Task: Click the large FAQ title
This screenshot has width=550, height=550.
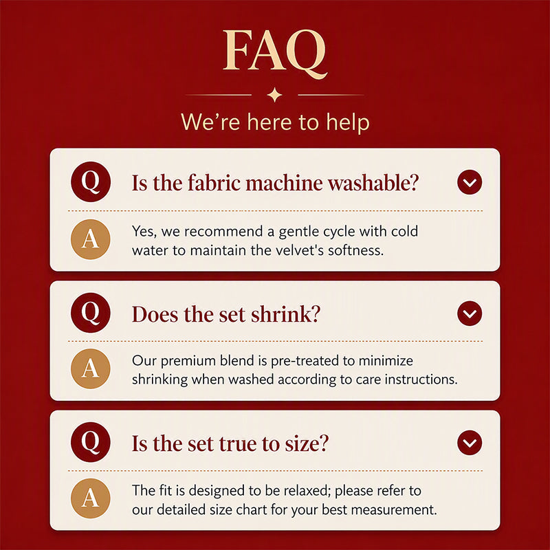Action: (275, 52)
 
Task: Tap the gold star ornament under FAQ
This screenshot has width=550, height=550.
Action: (274, 95)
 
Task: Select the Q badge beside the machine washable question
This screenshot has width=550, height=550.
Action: (91, 181)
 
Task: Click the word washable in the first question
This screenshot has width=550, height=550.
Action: (373, 183)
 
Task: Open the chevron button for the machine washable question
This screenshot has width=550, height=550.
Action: (470, 182)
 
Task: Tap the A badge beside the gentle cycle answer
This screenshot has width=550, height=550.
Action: (91, 239)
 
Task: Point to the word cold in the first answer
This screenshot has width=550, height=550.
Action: (404, 231)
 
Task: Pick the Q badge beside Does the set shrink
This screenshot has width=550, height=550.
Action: (91, 313)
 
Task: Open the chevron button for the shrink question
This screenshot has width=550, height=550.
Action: (470, 313)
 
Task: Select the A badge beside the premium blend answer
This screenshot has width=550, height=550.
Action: (91, 368)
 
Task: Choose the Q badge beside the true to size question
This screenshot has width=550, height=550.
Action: (91, 442)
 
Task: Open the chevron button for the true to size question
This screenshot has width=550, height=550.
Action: (470, 443)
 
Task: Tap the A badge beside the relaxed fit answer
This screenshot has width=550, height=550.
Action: (91, 498)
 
